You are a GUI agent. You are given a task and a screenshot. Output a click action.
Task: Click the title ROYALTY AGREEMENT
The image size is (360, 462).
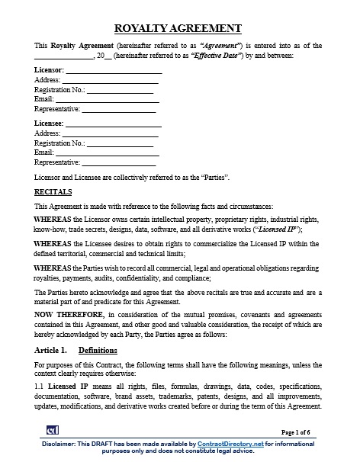point(180,29)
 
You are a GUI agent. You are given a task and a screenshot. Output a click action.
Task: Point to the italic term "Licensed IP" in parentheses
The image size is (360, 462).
point(278,229)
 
